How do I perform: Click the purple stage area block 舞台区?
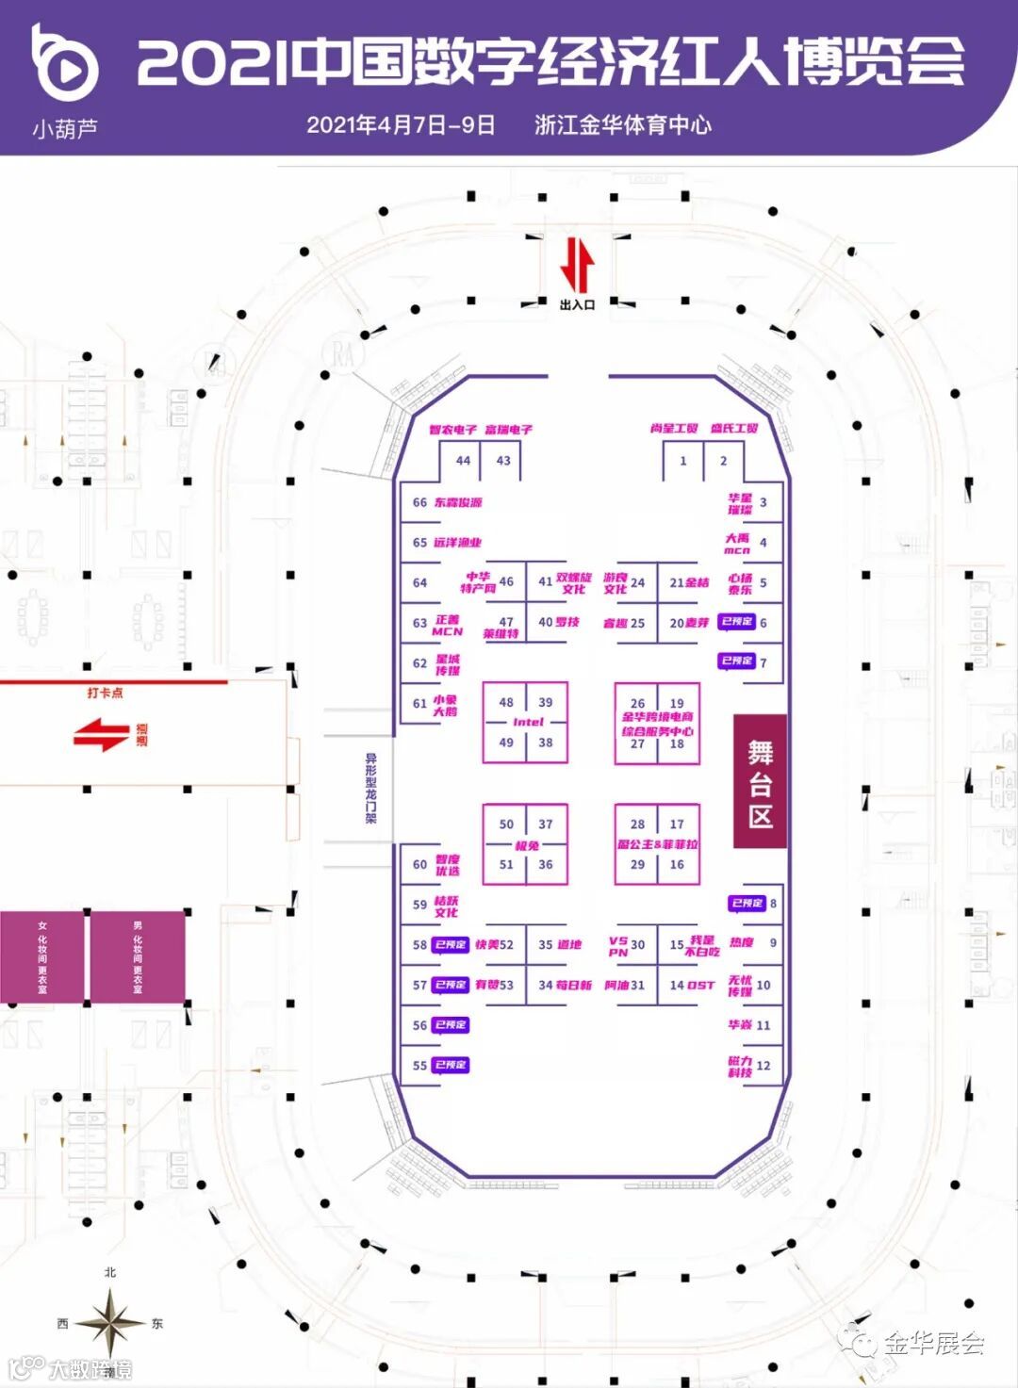pyautogui.click(x=760, y=781)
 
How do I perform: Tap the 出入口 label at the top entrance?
pyautogui.click(x=577, y=304)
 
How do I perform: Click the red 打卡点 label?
pyautogui.click(x=105, y=693)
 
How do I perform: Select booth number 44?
pyautogui.click(x=463, y=461)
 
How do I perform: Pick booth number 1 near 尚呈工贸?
pyautogui.click(x=683, y=461)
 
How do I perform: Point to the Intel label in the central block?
pyautogui.click(x=528, y=722)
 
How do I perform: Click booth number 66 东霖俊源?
pyautogui.click(x=420, y=502)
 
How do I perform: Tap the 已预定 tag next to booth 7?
pyautogui.click(x=737, y=661)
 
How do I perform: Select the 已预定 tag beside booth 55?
pyautogui.click(x=452, y=1065)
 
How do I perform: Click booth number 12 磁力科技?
pyautogui.click(x=763, y=1065)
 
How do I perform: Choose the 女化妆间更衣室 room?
pyautogui.click(x=42, y=956)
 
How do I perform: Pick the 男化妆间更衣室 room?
pyautogui.click(x=138, y=956)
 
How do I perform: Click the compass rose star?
pyautogui.click(x=110, y=1322)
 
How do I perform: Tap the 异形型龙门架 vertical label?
pyautogui.click(x=371, y=788)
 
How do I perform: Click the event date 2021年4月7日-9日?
pyautogui.click(x=401, y=125)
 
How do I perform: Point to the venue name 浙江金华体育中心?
pyautogui.click(x=622, y=125)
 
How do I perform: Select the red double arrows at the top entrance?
pyautogui.click(x=577, y=266)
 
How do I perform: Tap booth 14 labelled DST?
pyautogui.click(x=692, y=985)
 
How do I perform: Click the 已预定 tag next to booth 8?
pyautogui.click(x=747, y=903)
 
